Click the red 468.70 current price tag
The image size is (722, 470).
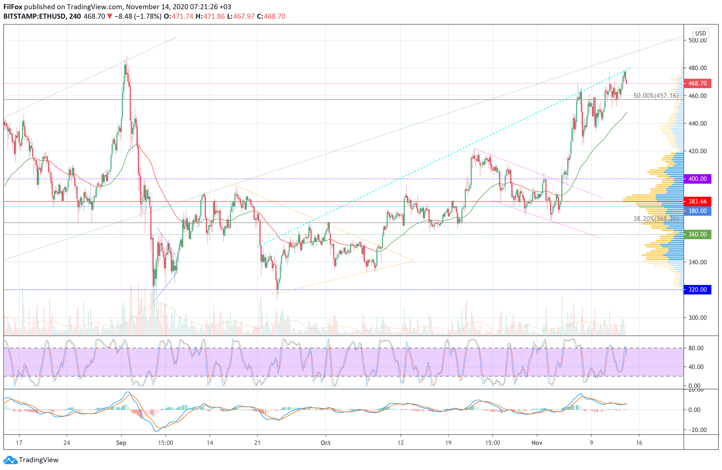tap(697, 83)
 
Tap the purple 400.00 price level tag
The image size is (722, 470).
tap(697, 179)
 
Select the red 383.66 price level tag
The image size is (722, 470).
tap(697, 201)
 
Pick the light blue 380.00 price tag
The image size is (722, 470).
tap(697, 211)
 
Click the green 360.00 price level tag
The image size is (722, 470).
tap(697, 234)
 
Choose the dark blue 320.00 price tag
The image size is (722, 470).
tap(697, 289)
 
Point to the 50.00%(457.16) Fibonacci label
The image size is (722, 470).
tap(656, 96)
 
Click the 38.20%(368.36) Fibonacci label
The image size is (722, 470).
tap(656, 219)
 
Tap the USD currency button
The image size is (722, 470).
tap(701, 33)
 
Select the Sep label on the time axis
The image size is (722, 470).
tap(121, 443)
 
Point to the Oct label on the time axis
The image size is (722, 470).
tap(326, 443)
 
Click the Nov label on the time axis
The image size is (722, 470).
tap(537, 443)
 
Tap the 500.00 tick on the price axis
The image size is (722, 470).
tap(697, 40)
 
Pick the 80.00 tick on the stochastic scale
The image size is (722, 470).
tap(696, 348)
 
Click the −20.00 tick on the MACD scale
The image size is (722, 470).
tap(696, 430)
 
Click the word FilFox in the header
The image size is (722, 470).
tap(13, 7)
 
